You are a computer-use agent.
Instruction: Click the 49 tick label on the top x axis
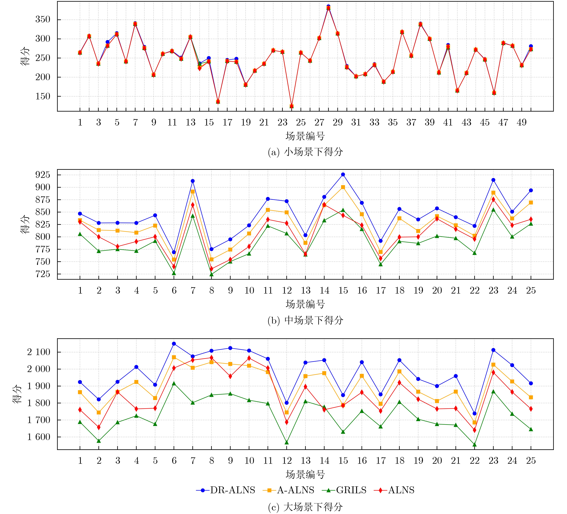[x=521, y=122]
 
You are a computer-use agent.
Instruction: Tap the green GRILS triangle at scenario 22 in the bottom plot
[x=474, y=445]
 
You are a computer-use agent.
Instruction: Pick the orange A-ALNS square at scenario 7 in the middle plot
[x=193, y=192]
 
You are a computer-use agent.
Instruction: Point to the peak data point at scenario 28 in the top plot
[x=328, y=7]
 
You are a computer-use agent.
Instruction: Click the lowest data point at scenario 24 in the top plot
[x=291, y=106]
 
